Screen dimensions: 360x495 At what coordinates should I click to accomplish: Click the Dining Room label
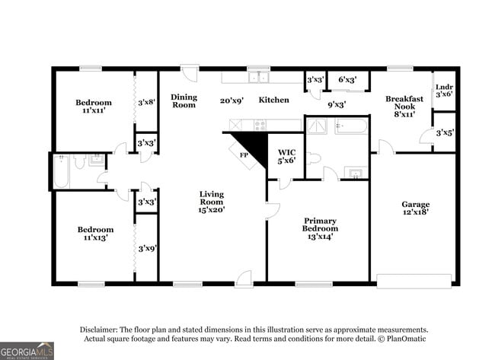(x=184, y=100)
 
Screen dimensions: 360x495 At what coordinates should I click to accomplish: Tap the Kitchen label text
(x=273, y=100)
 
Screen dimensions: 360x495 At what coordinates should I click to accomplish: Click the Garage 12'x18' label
(x=415, y=208)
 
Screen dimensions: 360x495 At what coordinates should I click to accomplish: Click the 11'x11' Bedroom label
(x=93, y=106)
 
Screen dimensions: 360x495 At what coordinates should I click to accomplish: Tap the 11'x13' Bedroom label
(x=94, y=233)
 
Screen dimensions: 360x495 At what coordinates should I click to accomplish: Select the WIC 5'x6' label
(x=286, y=156)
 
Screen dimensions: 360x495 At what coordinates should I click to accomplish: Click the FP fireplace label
(x=244, y=155)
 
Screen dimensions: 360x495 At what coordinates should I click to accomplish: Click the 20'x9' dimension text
(x=232, y=100)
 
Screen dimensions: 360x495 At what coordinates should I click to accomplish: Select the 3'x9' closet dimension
(x=146, y=247)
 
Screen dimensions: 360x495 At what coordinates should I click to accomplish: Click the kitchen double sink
(x=259, y=77)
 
